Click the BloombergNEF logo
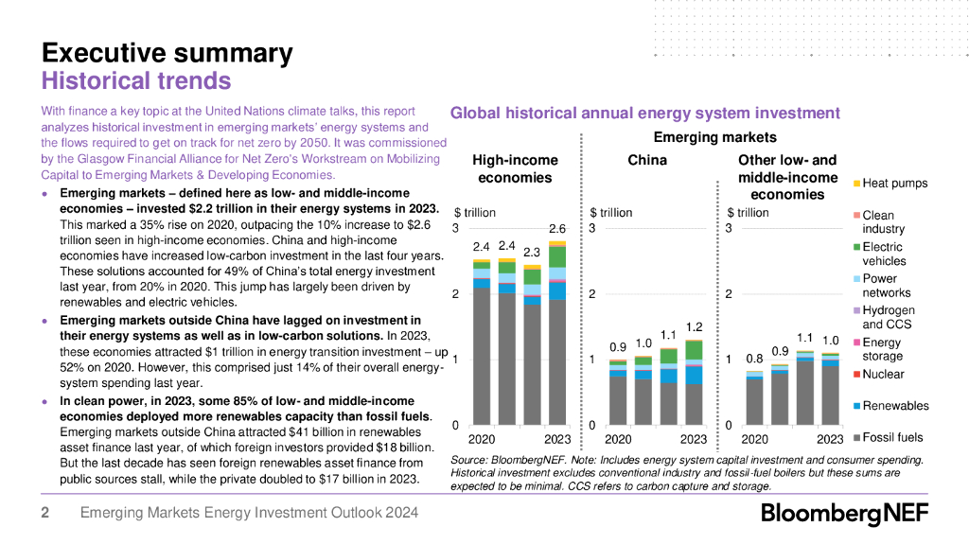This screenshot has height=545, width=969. [x=845, y=515]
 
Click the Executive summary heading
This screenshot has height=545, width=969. [x=167, y=53]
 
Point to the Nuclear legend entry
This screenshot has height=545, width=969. [x=883, y=374]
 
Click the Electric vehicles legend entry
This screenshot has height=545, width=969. [x=884, y=254]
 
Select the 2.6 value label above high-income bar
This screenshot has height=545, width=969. [x=556, y=229]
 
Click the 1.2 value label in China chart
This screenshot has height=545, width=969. [x=694, y=327]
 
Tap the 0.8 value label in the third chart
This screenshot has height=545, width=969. [x=754, y=359]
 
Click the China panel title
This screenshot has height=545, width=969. [x=647, y=161]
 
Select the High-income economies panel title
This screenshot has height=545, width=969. [x=515, y=169]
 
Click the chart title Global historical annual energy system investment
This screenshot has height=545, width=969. [x=644, y=114]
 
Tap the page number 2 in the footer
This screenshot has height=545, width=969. [x=44, y=514]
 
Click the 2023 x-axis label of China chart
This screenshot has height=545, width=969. [x=694, y=440]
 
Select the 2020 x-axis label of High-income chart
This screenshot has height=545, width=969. [x=482, y=440]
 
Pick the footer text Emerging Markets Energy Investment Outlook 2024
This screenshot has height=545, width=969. [x=249, y=514]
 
